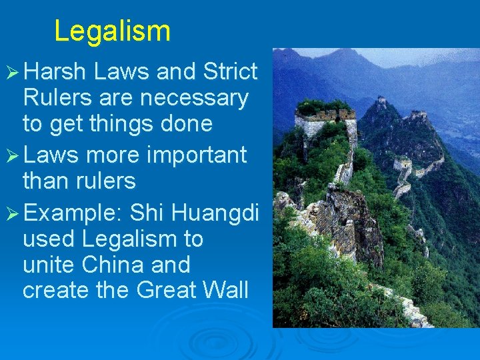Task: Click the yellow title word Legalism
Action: pyautogui.click(x=112, y=31)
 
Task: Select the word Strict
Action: pyautogui.click(x=230, y=71)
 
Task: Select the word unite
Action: pyautogui.click(x=48, y=265)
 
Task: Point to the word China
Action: pyautogui.click(x=114, y=265)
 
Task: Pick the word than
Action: pyautogui.click(x=46, y=181)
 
